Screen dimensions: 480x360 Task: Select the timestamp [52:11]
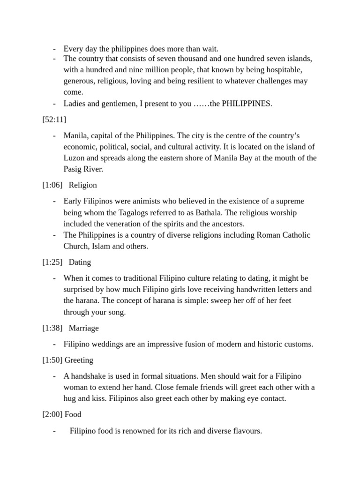54,120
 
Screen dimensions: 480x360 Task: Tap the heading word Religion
82,185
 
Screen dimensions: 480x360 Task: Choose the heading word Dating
80,262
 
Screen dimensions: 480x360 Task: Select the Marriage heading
83,328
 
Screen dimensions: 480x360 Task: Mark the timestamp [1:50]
52,360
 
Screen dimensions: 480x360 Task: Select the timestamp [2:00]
52,414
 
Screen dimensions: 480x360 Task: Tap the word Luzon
74,158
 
